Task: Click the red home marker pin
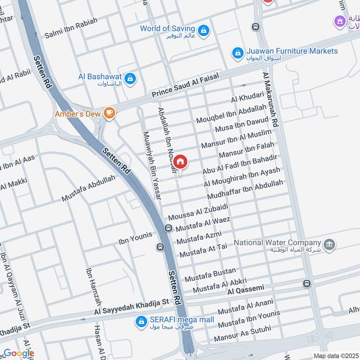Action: (180, 162)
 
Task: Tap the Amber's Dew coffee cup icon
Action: (108, 113)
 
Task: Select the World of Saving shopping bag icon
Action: (204, 30)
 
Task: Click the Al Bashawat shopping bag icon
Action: (130, 78)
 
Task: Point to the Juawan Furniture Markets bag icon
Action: (237, 53)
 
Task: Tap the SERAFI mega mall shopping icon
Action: (141, 321)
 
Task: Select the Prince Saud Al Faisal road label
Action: (185, 85)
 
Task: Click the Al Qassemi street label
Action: (245, 289)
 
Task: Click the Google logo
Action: (18, 353)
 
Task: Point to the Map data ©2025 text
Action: (335, 355)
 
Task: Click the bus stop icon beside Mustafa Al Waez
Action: (168, 228)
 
